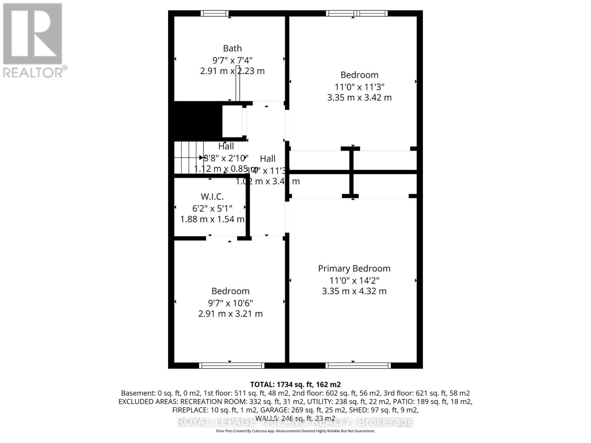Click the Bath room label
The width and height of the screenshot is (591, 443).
(232, 48)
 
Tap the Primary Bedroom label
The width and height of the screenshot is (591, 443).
(354, 268)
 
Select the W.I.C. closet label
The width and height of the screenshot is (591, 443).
(212, 197)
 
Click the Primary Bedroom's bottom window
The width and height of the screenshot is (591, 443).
(358, 365)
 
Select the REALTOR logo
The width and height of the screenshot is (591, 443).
(34, 40)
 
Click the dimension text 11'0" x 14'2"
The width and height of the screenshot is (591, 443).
(354, 280)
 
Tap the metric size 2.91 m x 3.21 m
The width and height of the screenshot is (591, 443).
(230, 314)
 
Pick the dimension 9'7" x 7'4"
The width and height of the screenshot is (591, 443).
(232, 60)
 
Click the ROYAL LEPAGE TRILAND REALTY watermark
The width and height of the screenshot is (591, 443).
(295, 422)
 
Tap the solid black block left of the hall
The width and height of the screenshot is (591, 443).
(195, 121)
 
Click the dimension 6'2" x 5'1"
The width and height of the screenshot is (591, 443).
(212, 208)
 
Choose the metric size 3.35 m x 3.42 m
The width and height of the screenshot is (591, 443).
(359, 98)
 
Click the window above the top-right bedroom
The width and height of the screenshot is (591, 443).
(357, 14)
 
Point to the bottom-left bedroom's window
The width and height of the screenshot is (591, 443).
(232, 365)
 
